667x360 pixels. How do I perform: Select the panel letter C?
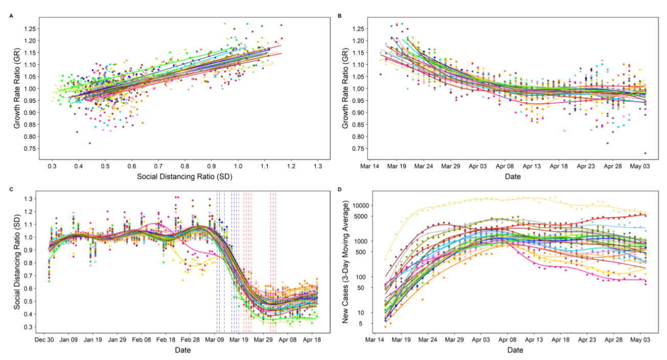click(11, 189)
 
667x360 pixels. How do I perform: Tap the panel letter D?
click(340, 189)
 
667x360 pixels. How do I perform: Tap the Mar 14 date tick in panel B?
click(370, 166)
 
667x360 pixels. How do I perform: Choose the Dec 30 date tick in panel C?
click(43, 340)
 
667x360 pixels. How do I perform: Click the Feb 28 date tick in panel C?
click(190, 340)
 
